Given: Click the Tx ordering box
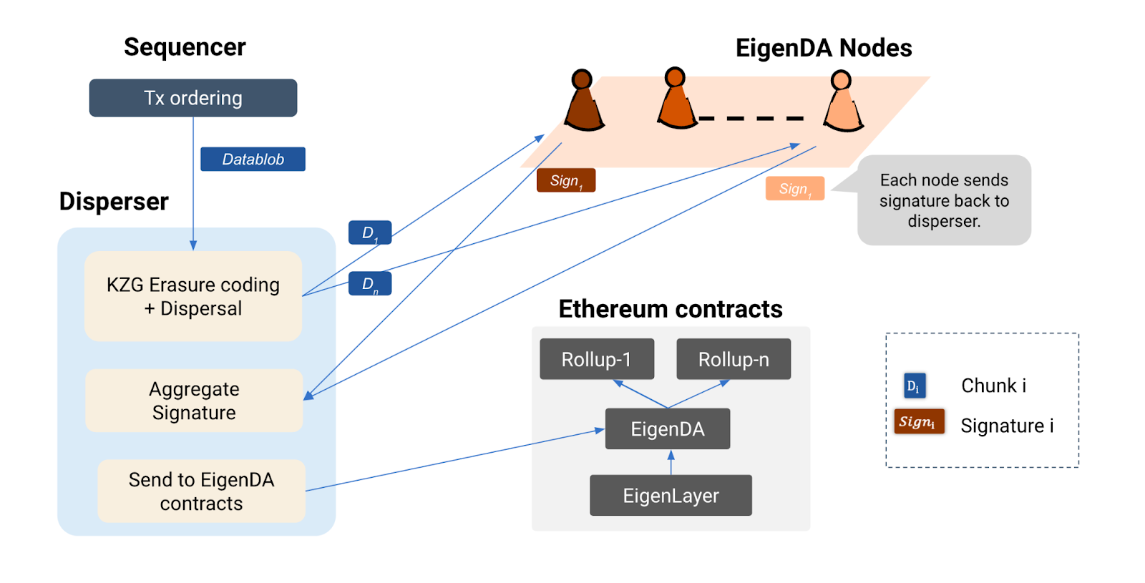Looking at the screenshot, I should (x=193, y=98).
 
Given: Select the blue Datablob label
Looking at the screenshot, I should (x=253, y=159).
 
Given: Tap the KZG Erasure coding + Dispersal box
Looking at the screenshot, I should (x=193, y=296).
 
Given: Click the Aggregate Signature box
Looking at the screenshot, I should (x=194, y=401).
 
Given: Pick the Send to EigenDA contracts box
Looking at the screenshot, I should (x=201, y=491).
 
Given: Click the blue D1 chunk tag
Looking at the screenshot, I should (x=369, y=232).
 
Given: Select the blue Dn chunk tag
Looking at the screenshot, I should (x=369, y=284).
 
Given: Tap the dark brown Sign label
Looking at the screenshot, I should (x=565, y=181).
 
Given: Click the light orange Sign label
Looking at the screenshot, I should (x=794, y=189).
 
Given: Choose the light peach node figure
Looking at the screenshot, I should (x=843, y=104).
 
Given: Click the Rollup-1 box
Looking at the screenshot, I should (x=596, y=359).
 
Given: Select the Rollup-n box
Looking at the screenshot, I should (x=734, y=359).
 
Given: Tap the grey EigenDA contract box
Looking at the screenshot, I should (x=667, y=429).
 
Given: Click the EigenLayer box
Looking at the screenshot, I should (x=671, y=496).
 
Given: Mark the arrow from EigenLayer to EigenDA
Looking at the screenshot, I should (x=671, y=462).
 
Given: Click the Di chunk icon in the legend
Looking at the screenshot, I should (x=914, y=386).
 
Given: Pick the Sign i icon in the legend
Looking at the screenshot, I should (x=918, y=422).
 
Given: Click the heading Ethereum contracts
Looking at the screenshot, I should (x=670, y=309).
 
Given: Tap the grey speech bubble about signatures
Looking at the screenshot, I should (x=944, y=201).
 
